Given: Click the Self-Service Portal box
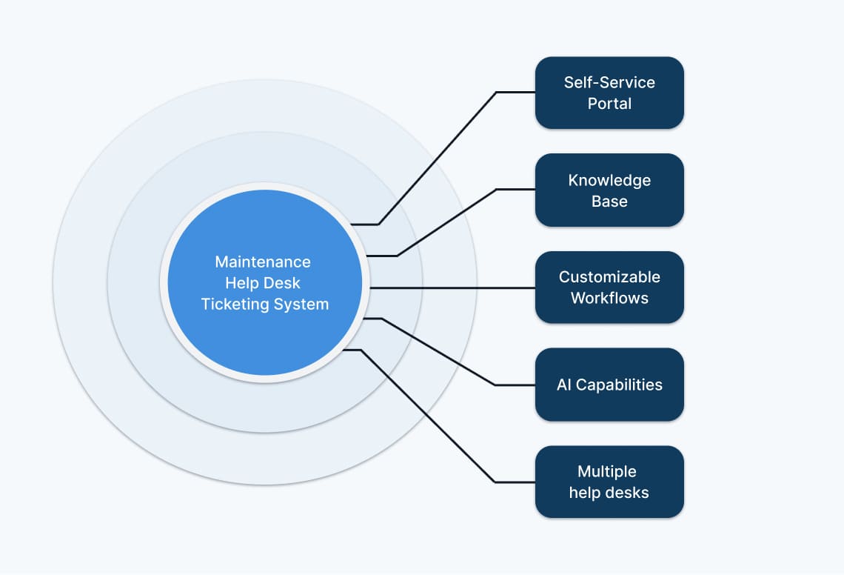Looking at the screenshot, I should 609,93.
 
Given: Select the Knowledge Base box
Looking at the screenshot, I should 609,190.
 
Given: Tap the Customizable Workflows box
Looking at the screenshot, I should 609,287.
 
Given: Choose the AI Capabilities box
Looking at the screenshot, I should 609,385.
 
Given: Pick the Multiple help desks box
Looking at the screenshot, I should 609,482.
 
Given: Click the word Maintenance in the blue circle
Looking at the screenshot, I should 263,262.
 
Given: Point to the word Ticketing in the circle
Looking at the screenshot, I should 236,304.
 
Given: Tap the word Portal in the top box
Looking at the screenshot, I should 609,104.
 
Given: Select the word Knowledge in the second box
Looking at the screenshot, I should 609,180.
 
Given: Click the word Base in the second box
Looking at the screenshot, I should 609,202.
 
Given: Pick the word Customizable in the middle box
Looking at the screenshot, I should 609,277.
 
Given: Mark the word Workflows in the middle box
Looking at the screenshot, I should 609,299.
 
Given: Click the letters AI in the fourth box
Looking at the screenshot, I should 564,385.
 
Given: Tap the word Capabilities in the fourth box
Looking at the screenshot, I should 619,385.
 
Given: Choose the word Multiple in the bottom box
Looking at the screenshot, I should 607,471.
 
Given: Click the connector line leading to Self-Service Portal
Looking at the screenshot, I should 437,158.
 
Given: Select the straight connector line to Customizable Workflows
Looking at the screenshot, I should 452,287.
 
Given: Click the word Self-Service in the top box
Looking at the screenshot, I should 609,82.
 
